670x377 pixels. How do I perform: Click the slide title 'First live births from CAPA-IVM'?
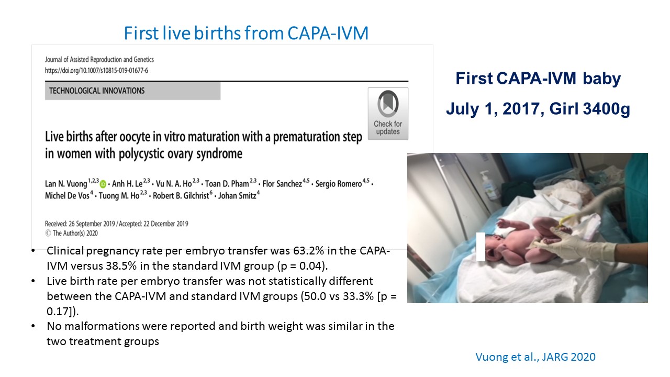(x=246, y=33)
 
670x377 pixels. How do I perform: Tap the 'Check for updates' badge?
(x=388, y=114)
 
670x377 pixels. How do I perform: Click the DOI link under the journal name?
(x=96, y=71)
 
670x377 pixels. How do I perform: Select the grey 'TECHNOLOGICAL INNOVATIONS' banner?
(x=132, y=91)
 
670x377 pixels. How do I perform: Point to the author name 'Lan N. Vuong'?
(x=66, y=184)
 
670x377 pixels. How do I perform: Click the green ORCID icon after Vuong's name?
(x=103, y=184)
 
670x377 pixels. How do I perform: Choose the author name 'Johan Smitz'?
(x=237, y=196)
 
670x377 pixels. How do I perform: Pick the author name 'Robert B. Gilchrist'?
(x=181, y=196)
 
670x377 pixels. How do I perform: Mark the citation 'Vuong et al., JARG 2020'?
(x=535, y=357)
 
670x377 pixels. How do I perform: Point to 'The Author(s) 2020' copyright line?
(x=72, y=234)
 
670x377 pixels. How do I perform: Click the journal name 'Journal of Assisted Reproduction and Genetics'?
(x=99, y=60)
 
